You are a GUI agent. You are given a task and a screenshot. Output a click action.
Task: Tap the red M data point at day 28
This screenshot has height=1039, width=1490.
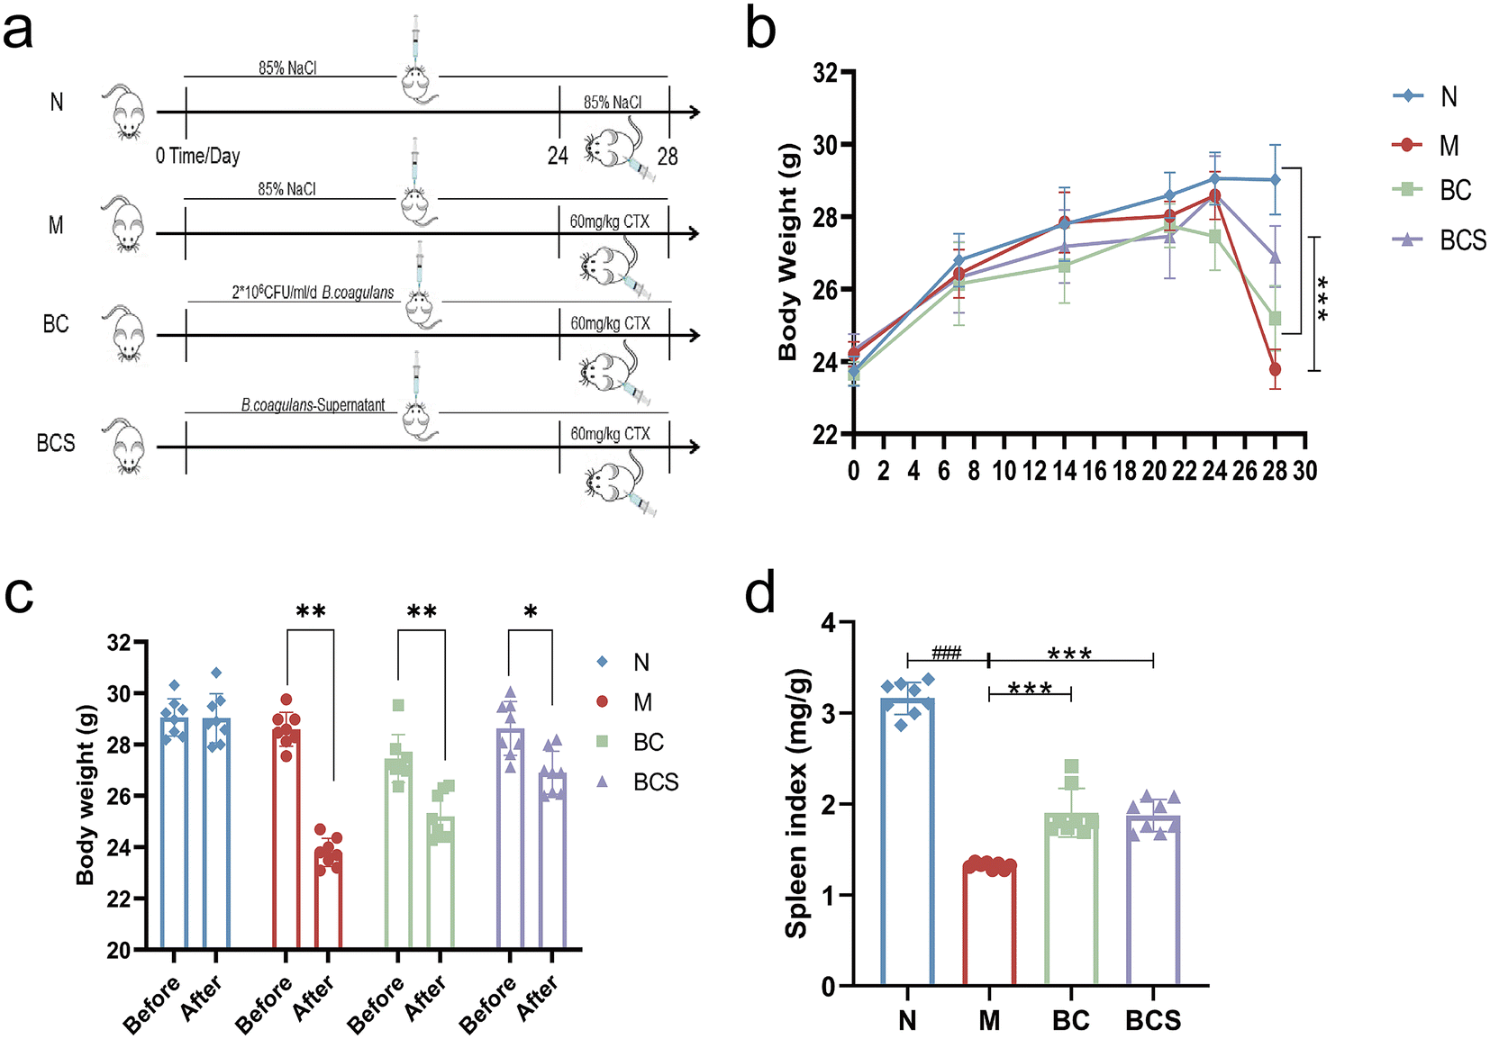(1275, 369)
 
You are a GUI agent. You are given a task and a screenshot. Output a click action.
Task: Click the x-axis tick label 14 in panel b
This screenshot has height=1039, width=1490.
(1064, 471)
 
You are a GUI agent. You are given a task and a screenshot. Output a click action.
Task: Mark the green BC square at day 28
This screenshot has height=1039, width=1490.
(1275, 319)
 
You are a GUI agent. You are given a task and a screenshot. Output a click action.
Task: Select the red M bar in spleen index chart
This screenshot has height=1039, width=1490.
(989, 926)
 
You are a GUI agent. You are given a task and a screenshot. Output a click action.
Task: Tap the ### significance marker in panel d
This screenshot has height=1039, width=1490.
(947, 654)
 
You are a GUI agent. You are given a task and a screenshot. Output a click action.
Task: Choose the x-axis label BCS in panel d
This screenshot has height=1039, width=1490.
(1153, 1020)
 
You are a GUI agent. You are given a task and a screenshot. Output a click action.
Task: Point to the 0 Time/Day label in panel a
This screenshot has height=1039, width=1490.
(197, 157)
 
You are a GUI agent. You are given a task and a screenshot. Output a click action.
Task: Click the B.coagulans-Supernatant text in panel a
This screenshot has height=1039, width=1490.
(313, 405)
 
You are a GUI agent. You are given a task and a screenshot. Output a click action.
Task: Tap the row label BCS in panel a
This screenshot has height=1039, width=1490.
(56, 443)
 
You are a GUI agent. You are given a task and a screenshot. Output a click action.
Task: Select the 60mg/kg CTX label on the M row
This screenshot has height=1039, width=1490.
(609, 221)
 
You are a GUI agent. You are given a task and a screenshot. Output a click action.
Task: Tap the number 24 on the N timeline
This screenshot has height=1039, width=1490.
(558, 157)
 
